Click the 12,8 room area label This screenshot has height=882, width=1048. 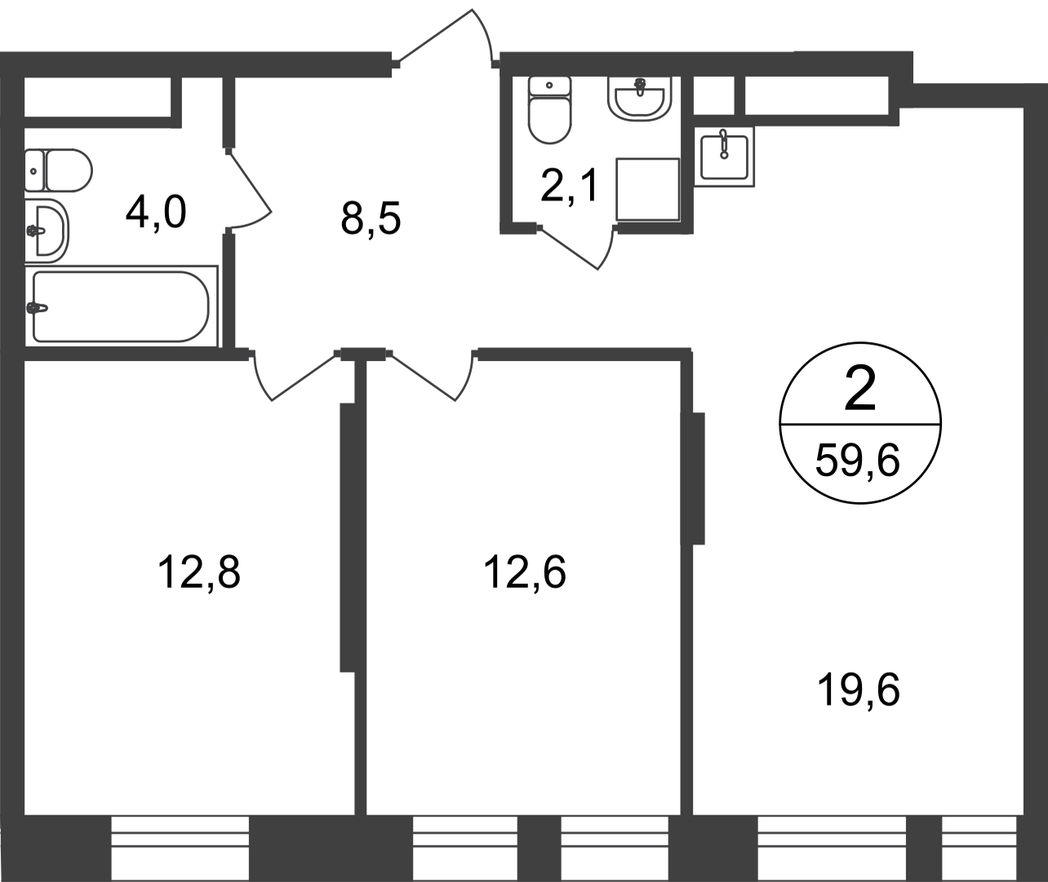(199, 572)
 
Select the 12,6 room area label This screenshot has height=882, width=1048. (525, 572)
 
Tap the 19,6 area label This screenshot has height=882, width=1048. (859, 691)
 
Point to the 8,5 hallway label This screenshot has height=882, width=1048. (371, 219)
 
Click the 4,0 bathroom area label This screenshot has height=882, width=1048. (156, 213)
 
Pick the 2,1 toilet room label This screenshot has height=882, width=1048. (569, 186)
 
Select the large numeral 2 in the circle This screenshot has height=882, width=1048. (860, 389)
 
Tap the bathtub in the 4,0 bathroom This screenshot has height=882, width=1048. (121, 307)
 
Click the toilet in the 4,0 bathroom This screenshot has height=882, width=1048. (59, 170)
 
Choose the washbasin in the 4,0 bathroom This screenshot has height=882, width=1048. (47, 231)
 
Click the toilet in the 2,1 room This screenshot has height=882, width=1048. (549, 110)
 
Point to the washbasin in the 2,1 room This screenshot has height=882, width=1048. (639, 99)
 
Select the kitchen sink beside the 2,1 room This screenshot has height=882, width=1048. (724, 157)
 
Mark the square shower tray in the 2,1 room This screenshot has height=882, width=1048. (648, 189)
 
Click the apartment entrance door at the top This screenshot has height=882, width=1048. (446, 38)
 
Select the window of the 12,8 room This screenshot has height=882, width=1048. (180, 849)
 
